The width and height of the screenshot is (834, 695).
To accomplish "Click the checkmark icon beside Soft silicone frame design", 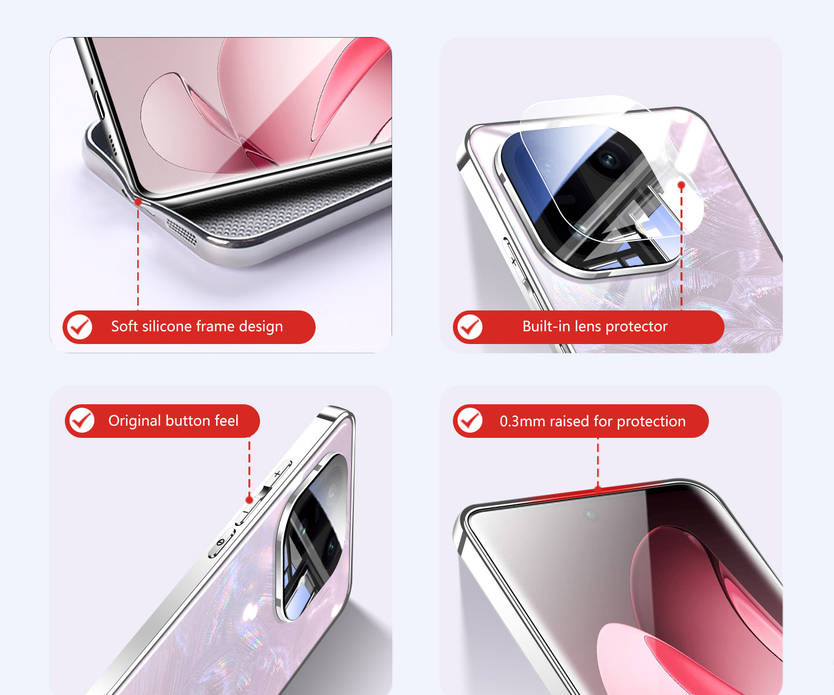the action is coord(79,327).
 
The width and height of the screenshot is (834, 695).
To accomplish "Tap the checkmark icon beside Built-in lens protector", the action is coord(470,327).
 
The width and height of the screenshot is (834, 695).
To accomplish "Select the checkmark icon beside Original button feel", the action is coord(82,420).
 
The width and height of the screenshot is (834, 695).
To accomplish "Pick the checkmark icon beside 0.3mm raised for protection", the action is coord(470,420).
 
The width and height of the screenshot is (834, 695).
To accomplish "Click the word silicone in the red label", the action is coord(167,326).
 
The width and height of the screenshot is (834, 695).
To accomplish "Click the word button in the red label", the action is coord(188,420).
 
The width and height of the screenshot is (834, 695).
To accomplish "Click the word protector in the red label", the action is coord(637,327).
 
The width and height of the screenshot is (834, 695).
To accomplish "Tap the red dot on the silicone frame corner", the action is coord(138,202).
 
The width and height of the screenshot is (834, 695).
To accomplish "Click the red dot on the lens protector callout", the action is coord(682,185).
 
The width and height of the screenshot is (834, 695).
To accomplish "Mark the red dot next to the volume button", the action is coord(250,500).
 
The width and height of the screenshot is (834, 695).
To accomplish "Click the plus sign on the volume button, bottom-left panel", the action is coord(277,474).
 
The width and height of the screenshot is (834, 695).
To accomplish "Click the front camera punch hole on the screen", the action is coord(590,514).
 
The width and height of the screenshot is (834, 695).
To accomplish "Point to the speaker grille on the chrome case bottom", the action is coord(182,232).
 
